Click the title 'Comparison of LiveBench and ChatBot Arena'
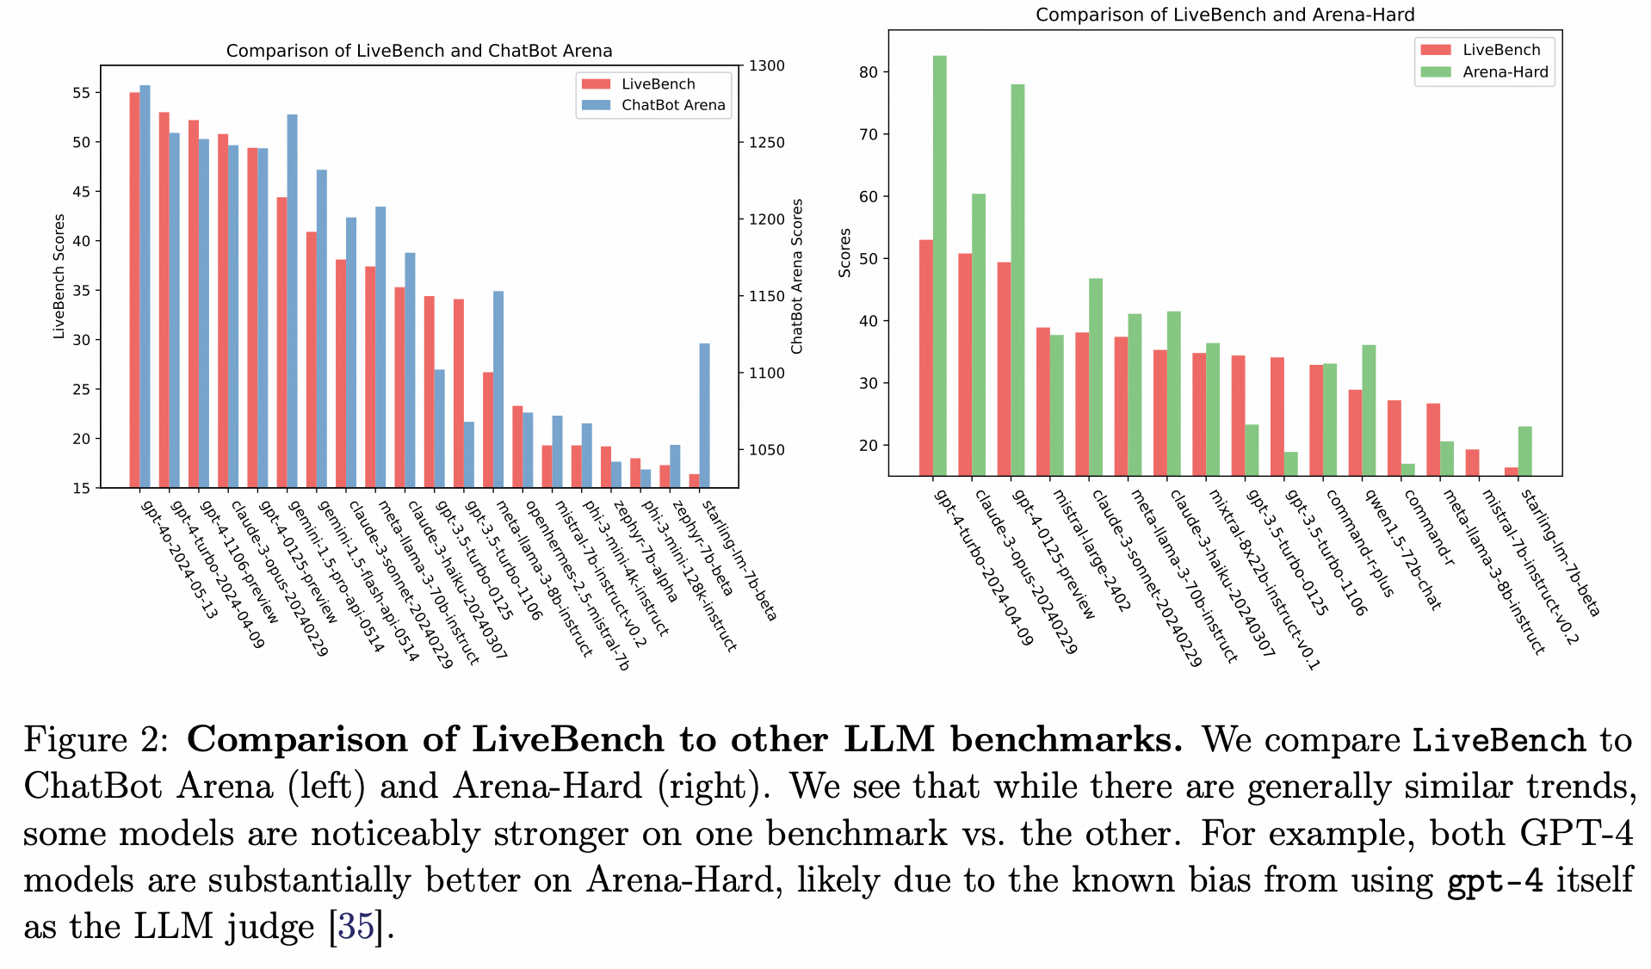(419, 51)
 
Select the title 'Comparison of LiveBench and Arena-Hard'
(1225, 15)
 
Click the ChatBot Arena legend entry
(653, 105)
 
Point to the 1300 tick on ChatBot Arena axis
(767, 66)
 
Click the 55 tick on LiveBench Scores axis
(81, 93)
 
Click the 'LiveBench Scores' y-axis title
(59, 276)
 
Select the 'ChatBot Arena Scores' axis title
(797, 276)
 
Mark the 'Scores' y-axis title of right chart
(844, 253)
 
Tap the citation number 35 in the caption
(356, 927)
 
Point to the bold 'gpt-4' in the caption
(1496, 881)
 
